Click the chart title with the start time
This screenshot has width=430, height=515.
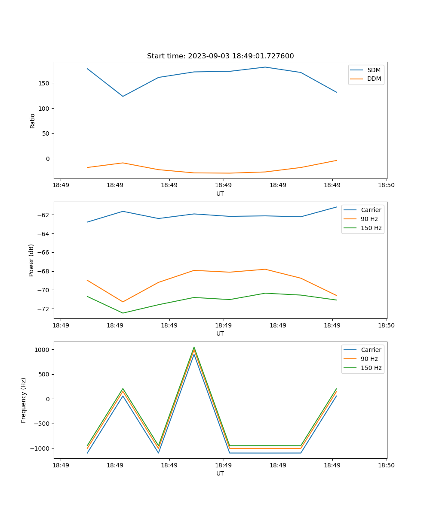220,56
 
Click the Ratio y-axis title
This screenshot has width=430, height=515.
32,121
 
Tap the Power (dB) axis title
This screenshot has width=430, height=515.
31,260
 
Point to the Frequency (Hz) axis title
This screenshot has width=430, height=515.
24,400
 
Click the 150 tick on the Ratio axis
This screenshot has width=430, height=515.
44,83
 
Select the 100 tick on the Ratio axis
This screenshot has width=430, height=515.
44,109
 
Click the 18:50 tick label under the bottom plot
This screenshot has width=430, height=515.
386,465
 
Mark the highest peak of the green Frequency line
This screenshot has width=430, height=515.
194,347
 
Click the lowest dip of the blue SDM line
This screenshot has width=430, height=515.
123,96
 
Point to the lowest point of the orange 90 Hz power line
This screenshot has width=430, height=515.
123,302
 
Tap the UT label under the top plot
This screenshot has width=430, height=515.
220,194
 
